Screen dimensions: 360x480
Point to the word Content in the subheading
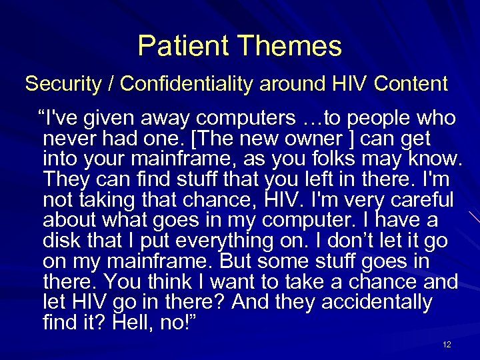(411, 84)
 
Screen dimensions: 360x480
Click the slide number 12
(447, 345)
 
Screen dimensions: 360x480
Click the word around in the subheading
(294, 84)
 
